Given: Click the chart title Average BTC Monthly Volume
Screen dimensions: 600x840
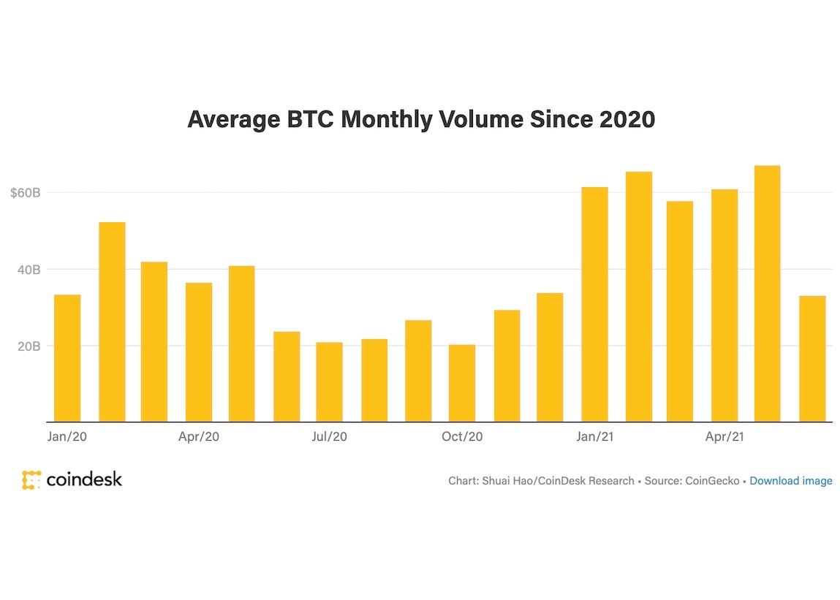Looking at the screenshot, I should tap(420, 119).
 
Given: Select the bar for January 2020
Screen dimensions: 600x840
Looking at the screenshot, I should tap(67, 358).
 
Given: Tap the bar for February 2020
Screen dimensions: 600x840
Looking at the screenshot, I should tap(112, 322).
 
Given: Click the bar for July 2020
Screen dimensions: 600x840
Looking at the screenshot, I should tap(329, 381).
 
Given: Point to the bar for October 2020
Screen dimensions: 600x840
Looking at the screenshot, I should tap(462, 383).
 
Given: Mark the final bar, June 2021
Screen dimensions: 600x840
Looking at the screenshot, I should tap(812, 359).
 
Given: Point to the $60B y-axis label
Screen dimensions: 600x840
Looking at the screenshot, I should tap(25, 193).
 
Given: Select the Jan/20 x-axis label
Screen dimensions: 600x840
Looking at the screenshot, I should tap(67, 437).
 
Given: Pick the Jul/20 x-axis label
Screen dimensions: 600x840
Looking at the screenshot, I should tap(329, 437).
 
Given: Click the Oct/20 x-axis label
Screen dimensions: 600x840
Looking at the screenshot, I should tap(462, 437).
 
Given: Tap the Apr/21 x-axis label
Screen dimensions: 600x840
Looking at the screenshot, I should tap(724, 437).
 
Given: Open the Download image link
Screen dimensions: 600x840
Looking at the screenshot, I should tap(790, 481).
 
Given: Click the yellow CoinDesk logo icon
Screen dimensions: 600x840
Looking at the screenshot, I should tap(31, 480).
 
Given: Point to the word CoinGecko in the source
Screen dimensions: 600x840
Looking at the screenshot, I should tap(712, 481).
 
